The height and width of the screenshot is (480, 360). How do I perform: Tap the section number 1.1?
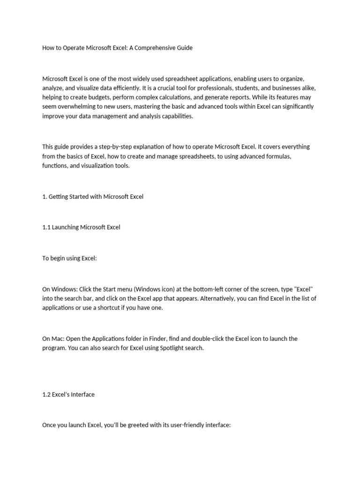point(46,227)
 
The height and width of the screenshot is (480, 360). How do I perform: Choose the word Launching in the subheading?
point(65,227)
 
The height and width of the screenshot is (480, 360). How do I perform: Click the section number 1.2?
point(46,395)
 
